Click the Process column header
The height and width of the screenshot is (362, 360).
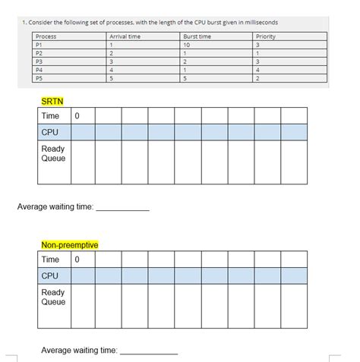click(46, 36)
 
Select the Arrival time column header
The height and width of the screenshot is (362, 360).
click(124, 36)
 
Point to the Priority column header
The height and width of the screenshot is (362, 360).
click(266, 36)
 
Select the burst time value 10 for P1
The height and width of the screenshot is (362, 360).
click(187, 45)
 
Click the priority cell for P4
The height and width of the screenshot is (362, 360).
click(259, 70)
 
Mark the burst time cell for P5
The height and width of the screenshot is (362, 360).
click(185, 78)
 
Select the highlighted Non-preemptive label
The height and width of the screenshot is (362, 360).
click(70, 245)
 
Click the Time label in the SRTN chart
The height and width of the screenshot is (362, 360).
click(50, 116)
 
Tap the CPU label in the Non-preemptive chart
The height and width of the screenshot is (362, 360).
click(51, 275)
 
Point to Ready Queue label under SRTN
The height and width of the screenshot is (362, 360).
click(53, 154)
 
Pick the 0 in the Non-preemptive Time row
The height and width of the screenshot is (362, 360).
click(78, 260)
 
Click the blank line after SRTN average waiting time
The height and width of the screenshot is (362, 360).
click(122, 208)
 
